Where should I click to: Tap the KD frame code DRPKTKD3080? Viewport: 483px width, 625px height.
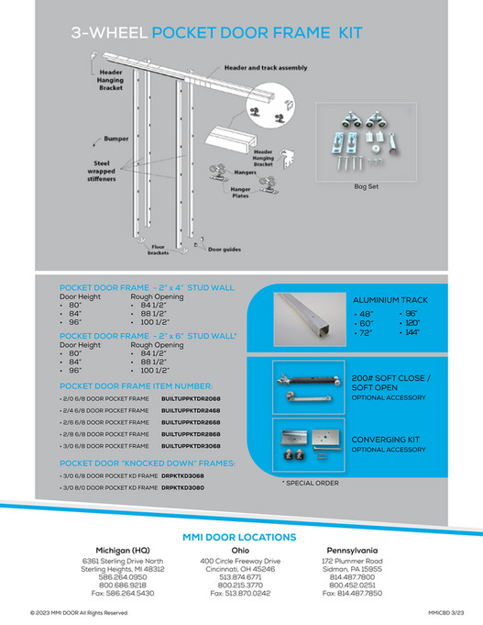[x=182, y=487]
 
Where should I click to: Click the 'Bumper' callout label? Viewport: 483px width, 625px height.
[x=115, y=139]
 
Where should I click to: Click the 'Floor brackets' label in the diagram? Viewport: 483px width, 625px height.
[x=159, y=251]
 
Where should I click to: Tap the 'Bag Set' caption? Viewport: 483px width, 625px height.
[x=366, y=185]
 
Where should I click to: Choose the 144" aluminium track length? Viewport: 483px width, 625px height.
[x=412, y=332]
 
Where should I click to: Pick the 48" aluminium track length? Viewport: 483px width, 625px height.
[x=366, y=314]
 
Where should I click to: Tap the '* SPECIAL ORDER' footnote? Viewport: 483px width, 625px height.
[x=310, y=483]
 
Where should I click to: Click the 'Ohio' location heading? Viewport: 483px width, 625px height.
[x=240, y=551]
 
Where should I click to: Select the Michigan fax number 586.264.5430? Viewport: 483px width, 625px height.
[x=123, y=593]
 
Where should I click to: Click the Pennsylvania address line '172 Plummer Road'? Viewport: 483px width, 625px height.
[x=352, y=560]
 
